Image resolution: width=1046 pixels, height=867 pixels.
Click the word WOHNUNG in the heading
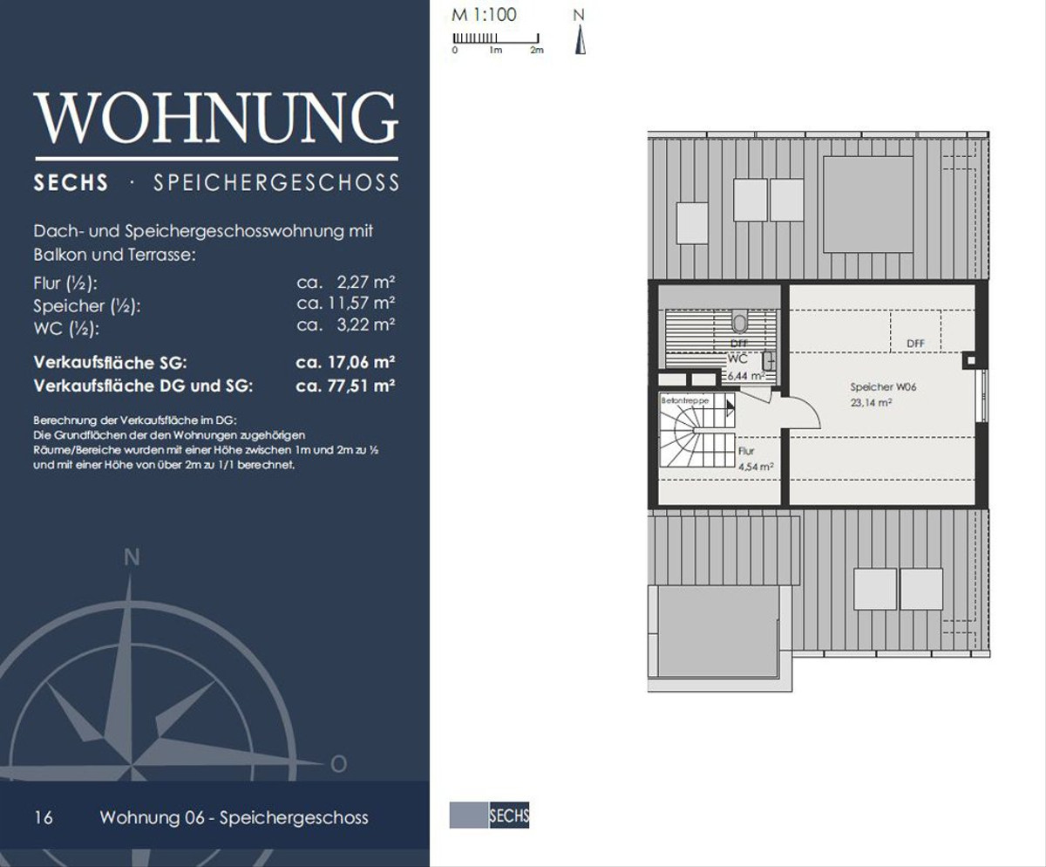[x=216, y=118]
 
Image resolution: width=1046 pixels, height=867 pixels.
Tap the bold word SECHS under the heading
[x=71, y=182]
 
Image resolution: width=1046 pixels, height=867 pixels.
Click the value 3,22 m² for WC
[x=366, y=324]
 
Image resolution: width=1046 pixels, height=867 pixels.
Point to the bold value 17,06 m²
[x=361, y=362]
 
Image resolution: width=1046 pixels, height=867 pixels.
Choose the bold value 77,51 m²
[x=361, y=386]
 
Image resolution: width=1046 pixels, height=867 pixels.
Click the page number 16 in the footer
[x=43, y=818]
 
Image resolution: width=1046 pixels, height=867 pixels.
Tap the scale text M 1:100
[x=484, y=15]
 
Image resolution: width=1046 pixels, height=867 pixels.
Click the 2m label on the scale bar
[x=537, y=50]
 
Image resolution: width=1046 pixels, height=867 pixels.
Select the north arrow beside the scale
[x=581, y=40]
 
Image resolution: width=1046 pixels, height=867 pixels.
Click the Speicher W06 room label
[x=883, y=386]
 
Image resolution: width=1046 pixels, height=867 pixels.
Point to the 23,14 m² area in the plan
[x=871, y=403]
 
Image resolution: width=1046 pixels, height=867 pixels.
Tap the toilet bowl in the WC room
[x=739, y=322]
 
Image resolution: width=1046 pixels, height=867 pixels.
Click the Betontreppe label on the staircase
[x=685, y=400]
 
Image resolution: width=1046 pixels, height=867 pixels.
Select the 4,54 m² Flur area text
[x=756, y=467]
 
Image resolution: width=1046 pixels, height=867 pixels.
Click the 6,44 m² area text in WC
[x=745, y=376]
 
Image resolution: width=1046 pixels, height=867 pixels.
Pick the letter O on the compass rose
[x=339, y=764]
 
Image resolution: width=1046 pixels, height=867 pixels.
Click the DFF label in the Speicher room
[x=915, y=344]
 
